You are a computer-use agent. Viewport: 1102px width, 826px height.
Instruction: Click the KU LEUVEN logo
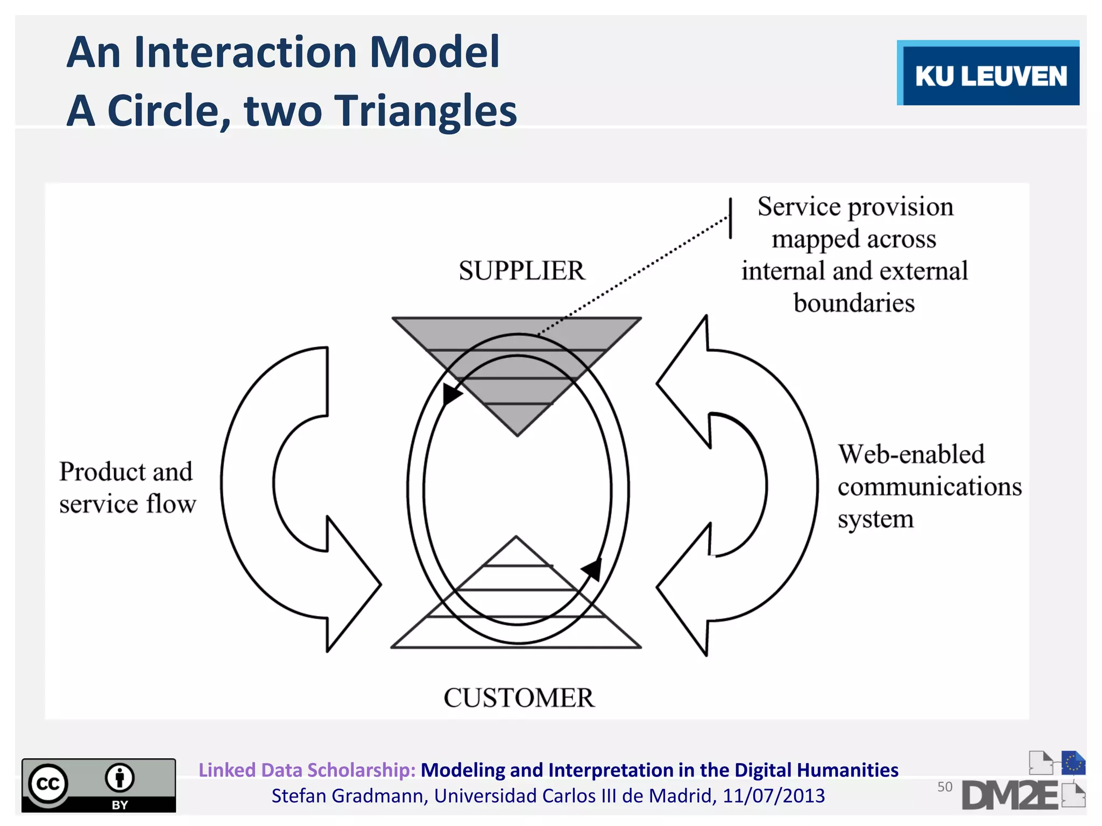[988, 73]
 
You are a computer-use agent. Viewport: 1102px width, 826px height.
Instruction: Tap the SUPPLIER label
[521, 270]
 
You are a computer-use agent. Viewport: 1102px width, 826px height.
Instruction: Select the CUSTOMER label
[519, 697]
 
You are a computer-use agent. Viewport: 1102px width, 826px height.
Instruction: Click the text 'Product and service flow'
[127, 488]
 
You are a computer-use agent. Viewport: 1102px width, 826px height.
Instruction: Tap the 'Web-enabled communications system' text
[929, 486]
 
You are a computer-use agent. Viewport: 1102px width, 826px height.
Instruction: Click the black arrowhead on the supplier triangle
[450, 395]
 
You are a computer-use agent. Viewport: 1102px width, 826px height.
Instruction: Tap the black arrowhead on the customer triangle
[592, 568]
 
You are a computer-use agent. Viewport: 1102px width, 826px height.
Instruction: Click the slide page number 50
[944, 787]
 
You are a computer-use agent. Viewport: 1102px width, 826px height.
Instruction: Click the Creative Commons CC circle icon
[48, 784]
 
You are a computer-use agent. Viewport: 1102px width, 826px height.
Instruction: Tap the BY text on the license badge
[119, 804]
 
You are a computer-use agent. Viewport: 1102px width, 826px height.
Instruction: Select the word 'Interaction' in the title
[245, 52]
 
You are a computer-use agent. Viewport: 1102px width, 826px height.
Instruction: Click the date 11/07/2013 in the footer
[773, 796]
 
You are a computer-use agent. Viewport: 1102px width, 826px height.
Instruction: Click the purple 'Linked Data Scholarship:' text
[307, 770]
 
